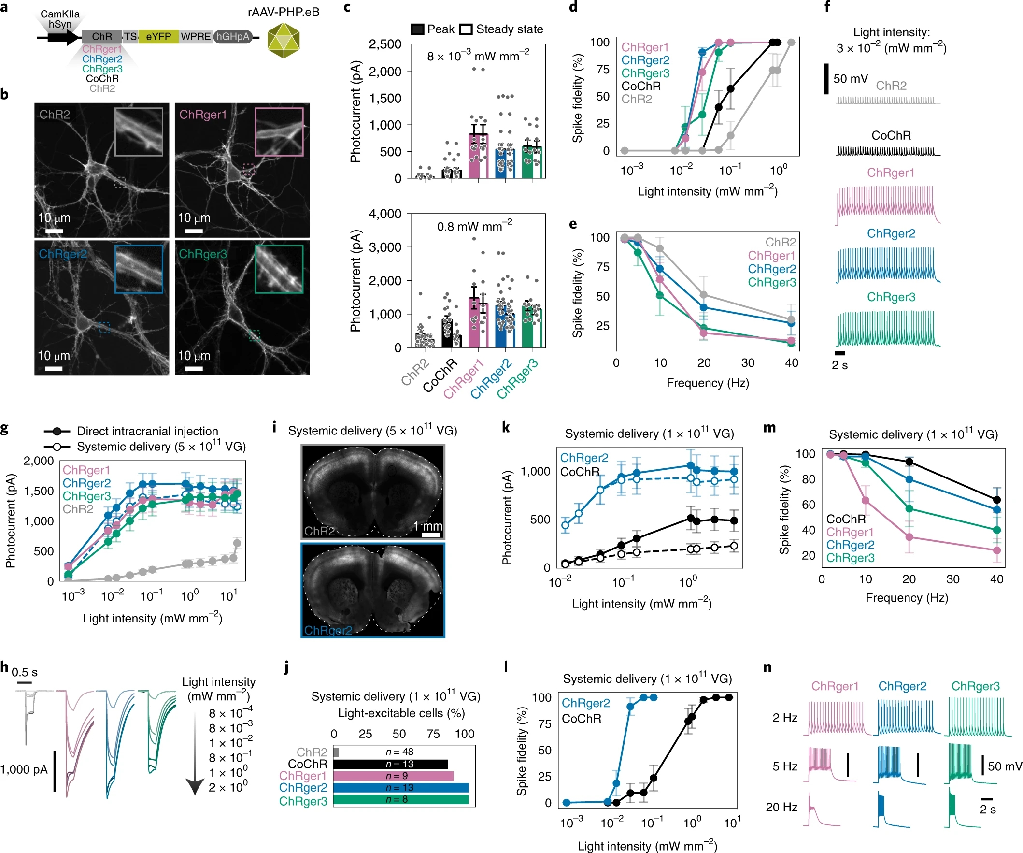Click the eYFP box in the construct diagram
tap(158, 37)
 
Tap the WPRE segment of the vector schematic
tap(196, 37)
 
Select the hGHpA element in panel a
tap(233, 37)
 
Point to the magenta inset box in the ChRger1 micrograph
tap(279, 131)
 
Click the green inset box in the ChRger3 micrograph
tap(279, 269)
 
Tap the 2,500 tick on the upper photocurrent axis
tap(385, 44)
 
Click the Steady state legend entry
tap(502, 29)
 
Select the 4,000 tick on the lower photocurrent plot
tap(385, 214)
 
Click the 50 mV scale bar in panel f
tap(826, 78)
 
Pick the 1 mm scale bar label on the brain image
tap(428, 526)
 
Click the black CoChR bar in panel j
tap(390, 764)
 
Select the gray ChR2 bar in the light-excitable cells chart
tap(336, 752)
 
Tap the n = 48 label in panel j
tap(399, 752)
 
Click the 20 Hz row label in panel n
tap(781, 807)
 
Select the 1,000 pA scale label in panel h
tap(24, 770)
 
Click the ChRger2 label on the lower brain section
tap(328, 630)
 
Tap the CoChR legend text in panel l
tap(581, 719)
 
